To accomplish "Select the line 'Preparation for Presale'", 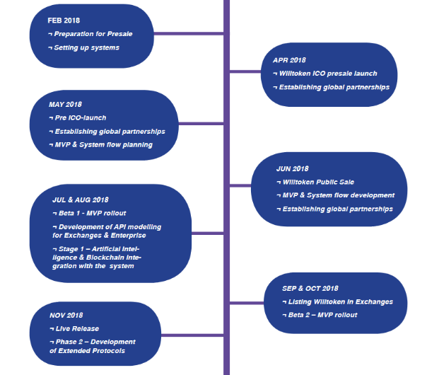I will point(93,34).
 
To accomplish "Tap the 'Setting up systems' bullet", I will point(86,47).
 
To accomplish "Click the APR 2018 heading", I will point(289,60).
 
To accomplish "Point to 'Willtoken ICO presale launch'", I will point(327,74).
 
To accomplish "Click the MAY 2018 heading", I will point(65,105).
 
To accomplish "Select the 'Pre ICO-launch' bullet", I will point(80,117).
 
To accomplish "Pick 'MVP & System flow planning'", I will point(103,145).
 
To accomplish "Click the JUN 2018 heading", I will point(292,168).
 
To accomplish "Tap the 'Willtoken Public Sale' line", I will point(315,182).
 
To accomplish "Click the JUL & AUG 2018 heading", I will point(80,200).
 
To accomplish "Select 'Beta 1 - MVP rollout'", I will point(91,213).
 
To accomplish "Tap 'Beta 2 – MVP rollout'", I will point(319,315).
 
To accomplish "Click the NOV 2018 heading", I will point(66,315).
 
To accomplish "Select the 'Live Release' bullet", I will point(76,328).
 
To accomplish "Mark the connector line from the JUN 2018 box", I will point(241,189).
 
